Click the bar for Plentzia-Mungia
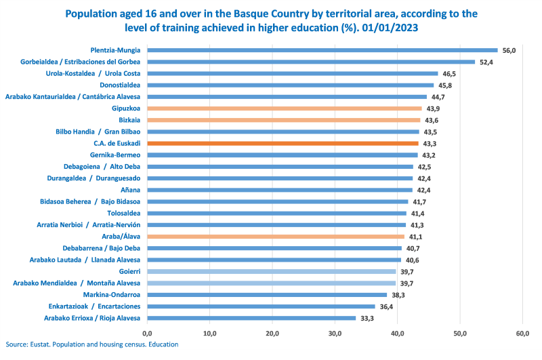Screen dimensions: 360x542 322,50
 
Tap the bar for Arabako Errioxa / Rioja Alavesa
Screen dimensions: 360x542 251,318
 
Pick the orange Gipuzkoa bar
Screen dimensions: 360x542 284,108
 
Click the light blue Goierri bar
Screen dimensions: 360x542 271,271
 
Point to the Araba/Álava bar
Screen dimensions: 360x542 275,237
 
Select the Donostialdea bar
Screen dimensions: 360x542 290,85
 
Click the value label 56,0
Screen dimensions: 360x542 509,50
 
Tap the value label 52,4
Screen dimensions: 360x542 486,62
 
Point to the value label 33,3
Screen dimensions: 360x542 367,318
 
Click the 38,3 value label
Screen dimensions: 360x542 398,295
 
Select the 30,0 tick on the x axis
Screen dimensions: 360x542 335,334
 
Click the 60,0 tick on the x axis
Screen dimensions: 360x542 522,334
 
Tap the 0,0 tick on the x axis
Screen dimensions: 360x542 147,334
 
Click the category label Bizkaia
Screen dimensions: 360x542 127,120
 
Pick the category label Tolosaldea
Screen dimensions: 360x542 123,213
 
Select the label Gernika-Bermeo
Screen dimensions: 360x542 116,155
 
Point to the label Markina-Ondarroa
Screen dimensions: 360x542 111,294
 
